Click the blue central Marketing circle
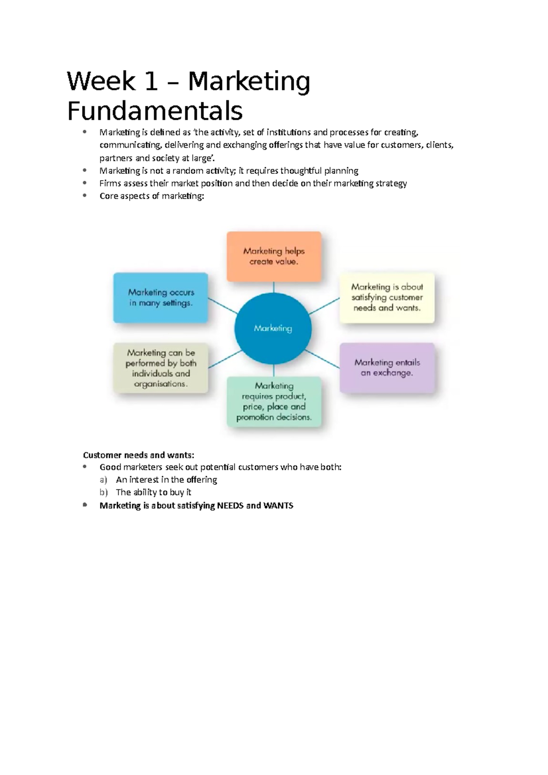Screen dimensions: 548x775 273,329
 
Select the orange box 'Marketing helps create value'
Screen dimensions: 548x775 274,257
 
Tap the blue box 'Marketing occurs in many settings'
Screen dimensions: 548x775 161,298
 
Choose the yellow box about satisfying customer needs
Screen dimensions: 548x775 387,298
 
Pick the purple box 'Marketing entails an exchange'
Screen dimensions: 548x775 387,368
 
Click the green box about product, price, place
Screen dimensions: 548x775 274,402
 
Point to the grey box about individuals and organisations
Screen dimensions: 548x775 161,368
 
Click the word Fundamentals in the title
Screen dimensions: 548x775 155,111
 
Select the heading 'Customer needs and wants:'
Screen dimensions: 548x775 138,455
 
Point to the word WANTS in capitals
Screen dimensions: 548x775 278,506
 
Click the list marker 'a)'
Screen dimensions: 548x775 103,480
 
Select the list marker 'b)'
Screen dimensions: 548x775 103,492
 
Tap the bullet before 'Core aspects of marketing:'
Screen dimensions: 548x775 84,195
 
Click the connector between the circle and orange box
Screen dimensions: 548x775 274,288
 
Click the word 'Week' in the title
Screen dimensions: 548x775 101,82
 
